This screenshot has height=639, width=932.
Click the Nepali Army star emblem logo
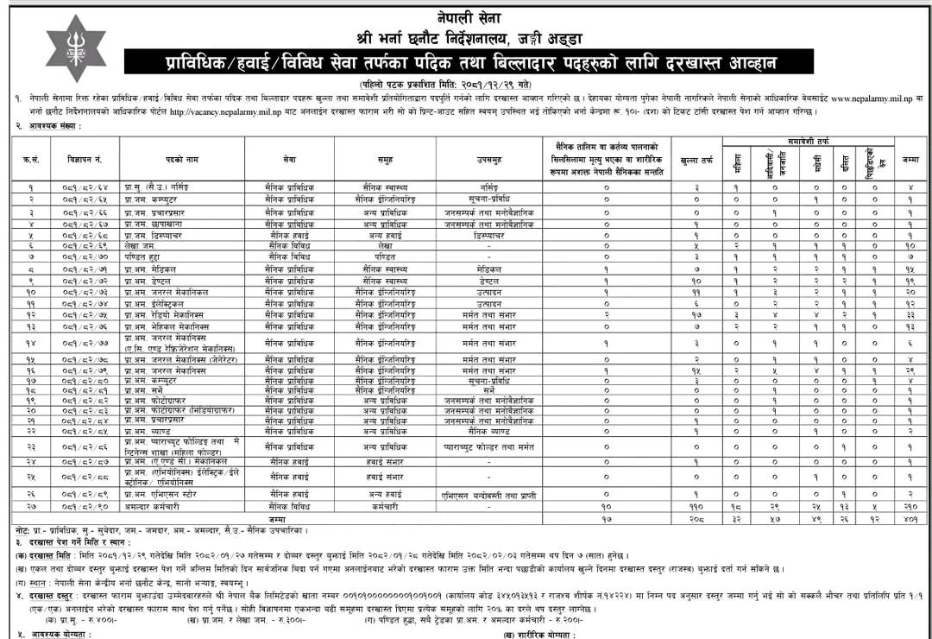75,48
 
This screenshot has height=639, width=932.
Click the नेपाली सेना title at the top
467,17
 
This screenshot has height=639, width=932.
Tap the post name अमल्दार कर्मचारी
156,506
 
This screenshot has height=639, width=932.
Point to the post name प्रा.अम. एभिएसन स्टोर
164,494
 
